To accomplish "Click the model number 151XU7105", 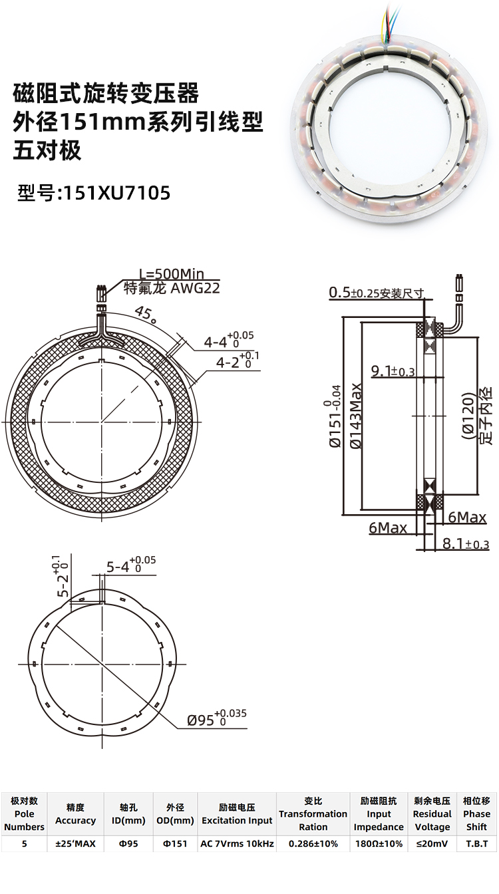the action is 116,193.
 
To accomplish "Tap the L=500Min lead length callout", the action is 171,274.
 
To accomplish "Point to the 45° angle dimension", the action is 146,313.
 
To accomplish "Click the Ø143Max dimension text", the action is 355,416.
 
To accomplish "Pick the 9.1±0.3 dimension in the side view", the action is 393,371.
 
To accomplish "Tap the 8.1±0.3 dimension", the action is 466,543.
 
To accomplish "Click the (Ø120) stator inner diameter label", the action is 468,416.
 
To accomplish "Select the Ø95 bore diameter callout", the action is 217,718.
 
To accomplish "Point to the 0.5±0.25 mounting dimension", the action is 376,293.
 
